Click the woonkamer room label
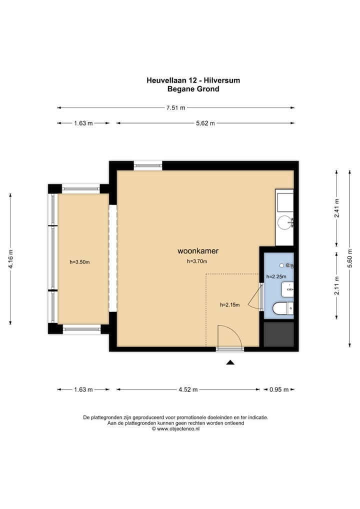[197, 251]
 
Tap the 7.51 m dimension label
[175, 108]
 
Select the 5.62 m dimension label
[205, 123]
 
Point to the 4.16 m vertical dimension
[10, 258]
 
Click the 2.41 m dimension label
[337, 208]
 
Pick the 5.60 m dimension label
[350, 258]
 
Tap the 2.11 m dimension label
[337, 285]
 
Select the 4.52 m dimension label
[188, 389]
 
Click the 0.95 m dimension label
[279, 389]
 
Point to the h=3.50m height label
[79, 262]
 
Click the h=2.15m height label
[230, 305]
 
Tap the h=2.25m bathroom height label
[276, 276]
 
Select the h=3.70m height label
[197, 261]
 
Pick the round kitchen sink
[284, 222]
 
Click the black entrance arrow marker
[230, 362]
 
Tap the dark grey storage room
[279, 334]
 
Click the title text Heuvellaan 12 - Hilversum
[193, 80]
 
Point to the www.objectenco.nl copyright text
[175, 429]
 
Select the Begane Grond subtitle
[193, 89]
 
